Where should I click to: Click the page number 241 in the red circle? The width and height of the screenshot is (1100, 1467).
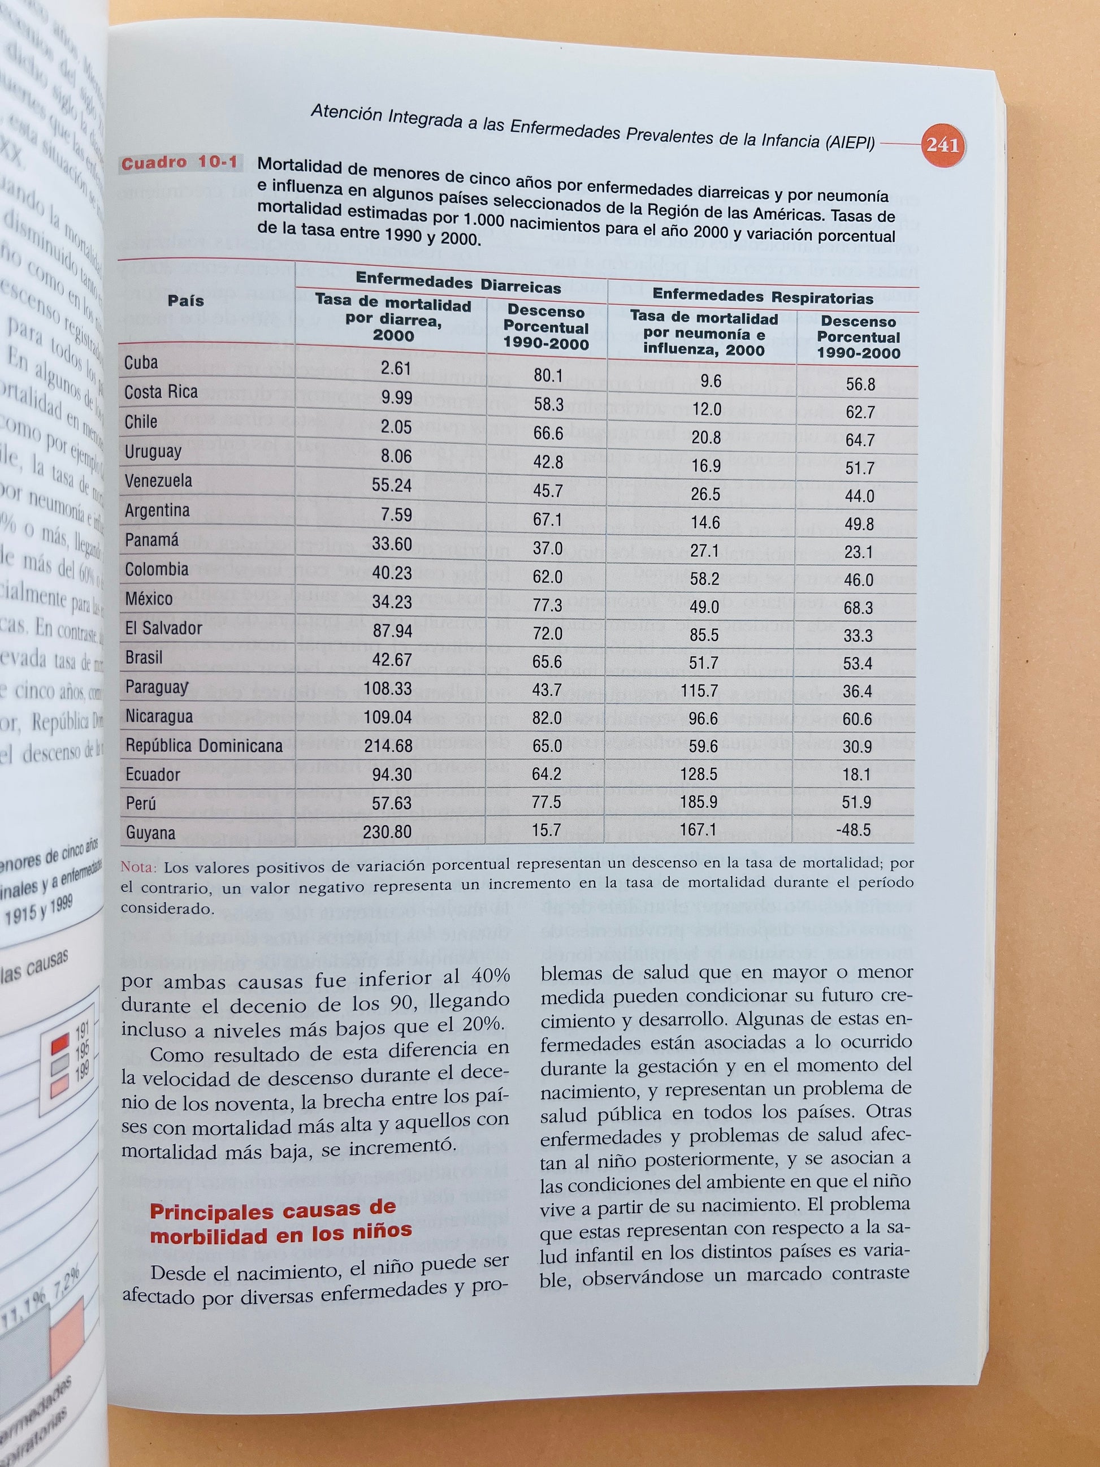(942, 145)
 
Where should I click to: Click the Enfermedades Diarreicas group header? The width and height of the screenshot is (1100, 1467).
(458, 282)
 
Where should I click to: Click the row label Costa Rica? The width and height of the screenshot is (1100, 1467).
(161, 392)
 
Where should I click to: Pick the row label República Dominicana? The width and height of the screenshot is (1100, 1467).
(204, 746)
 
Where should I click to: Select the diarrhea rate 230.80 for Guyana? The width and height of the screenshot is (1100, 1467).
(387, 832)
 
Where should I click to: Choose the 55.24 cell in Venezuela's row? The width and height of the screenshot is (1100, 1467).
(392, 486)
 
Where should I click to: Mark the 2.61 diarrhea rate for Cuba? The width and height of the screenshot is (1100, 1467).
(396, 368)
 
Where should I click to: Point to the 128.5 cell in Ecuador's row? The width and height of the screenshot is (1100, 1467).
(700, 774)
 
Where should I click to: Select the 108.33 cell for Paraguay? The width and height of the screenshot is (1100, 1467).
(388, 689)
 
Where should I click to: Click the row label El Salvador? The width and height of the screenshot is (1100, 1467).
(164, 628)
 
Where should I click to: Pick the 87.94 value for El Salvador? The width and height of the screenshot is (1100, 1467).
(392, 631)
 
